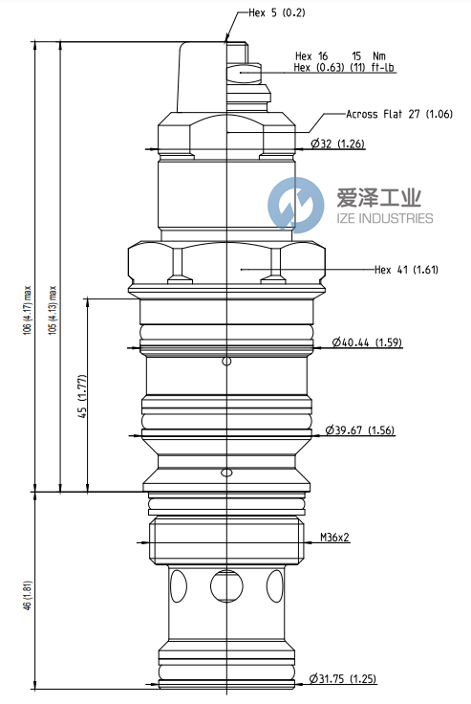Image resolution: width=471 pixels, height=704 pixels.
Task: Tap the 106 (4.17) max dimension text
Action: [30, 306]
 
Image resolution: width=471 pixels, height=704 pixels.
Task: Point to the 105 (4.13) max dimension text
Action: [54, 306]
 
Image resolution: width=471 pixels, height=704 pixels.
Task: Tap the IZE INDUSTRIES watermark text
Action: [385, 219]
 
